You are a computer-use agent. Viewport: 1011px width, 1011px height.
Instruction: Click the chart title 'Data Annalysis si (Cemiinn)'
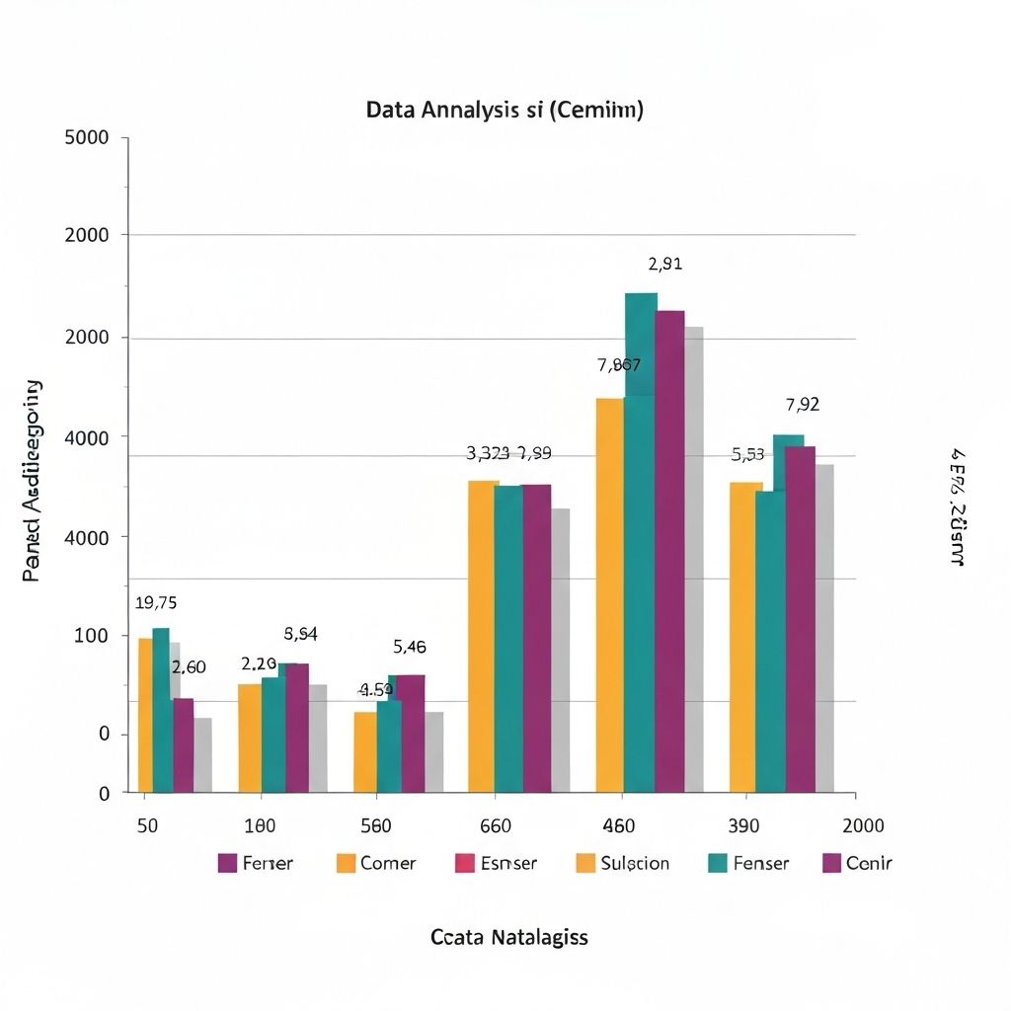click(505, 111)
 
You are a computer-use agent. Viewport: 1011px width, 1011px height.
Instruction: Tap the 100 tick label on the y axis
click(90, 635)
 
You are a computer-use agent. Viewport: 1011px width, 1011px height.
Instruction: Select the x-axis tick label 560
click(375, 825)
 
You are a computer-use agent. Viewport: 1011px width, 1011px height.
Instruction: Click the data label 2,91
click(665, 264)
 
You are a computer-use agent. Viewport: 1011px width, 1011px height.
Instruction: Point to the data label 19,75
click(156, 603)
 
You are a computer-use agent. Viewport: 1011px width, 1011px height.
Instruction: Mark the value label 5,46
click(410, 648)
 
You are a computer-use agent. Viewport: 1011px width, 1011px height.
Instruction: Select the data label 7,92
click(803, 404)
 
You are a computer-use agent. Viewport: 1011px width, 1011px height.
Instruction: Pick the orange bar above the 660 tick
click(483, 636)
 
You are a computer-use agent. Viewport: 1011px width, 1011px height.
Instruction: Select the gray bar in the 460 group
click(694, 559)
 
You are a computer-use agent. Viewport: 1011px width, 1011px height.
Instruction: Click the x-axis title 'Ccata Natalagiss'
click(508, 937)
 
